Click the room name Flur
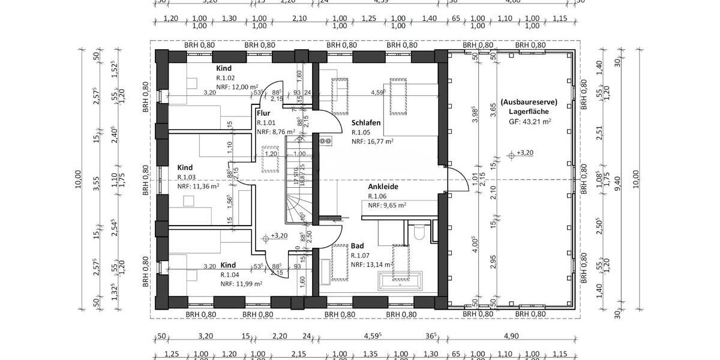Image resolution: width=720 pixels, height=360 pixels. [x=263, y=113]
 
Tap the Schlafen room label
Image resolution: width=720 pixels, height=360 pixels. [x=366, y=122]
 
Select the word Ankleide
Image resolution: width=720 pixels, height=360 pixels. [x=383, y=187]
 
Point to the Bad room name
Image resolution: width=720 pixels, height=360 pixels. [x=358, y=246]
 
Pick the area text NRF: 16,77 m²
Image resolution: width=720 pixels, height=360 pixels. [x=372, y=142]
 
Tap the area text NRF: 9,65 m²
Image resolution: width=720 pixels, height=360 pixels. [x=387, y=205]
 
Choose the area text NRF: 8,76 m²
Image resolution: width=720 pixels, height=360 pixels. [x=275, y=132]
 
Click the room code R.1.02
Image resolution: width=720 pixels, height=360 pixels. [x=226, y=78]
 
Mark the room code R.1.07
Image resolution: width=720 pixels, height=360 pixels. [x=361, y=255]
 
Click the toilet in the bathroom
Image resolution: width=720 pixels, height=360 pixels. [x=419, y=231]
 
